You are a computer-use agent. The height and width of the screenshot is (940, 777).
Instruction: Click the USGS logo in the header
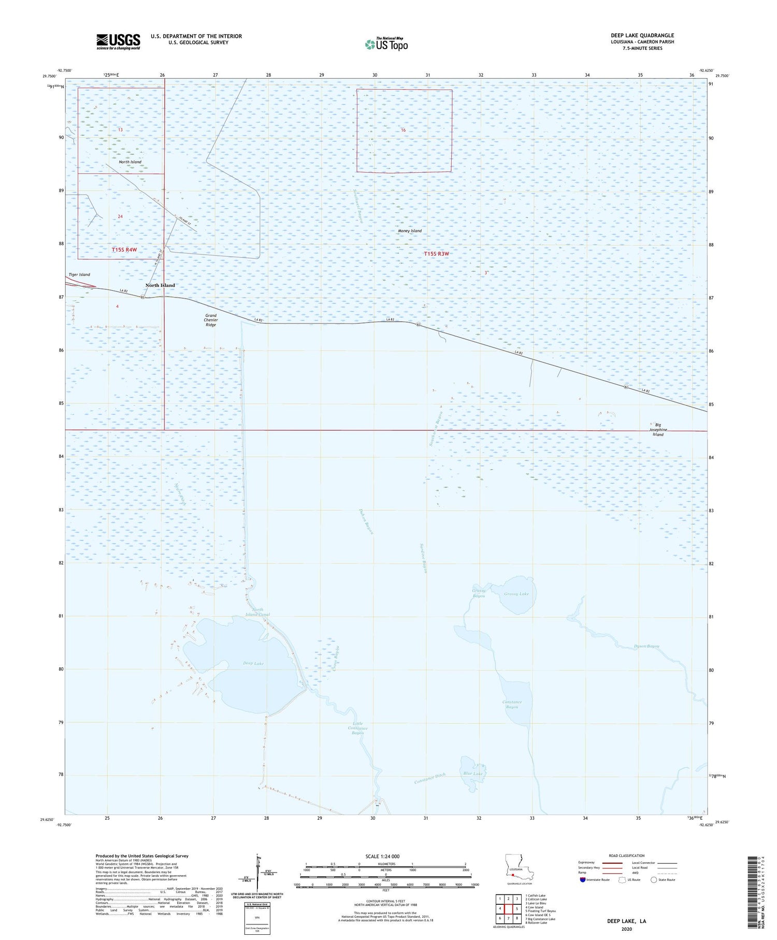coord(118,41)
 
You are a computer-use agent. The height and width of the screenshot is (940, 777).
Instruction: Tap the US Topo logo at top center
coord(386,45)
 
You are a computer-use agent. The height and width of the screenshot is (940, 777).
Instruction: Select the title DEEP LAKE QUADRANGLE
coord(642,35)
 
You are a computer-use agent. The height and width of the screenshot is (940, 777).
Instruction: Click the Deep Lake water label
coord(253,663)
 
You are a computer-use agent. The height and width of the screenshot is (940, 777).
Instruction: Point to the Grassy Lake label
coord(516,594)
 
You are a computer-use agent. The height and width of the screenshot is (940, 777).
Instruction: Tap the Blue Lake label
coord(472,774)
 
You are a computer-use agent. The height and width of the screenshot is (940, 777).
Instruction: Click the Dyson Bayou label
coord(647,646)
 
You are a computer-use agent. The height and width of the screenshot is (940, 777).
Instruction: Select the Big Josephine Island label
coord(658,430)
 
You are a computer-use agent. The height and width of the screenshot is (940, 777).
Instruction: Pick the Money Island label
coord(410,231)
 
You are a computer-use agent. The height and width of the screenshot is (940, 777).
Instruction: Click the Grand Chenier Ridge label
coord(211,320)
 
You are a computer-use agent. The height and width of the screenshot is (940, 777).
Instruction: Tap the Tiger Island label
coord(79,274)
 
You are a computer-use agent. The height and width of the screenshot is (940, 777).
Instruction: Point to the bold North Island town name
coord(160,285)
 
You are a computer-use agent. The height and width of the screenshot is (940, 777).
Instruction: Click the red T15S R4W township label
coord(124,250)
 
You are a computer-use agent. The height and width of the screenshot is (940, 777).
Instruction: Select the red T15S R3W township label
coord(437,254)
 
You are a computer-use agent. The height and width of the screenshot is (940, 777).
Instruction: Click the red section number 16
coord(403,130)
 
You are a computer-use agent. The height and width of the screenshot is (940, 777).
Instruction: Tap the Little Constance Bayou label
coord(357,727)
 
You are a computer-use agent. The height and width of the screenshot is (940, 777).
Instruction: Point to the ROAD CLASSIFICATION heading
coord(627,855)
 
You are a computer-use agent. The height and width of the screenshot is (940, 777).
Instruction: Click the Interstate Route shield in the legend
coord(582,880)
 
